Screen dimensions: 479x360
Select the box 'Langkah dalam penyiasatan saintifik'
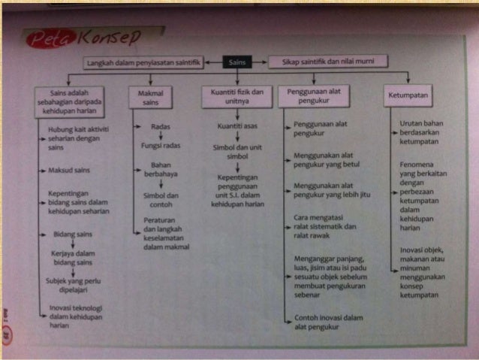143,63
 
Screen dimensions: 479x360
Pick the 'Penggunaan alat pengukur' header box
314,95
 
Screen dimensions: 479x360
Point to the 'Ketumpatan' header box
407,95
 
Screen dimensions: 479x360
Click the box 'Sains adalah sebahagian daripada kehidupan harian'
73,101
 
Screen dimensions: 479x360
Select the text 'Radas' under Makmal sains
160,126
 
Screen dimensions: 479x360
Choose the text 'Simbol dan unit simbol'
237,153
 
